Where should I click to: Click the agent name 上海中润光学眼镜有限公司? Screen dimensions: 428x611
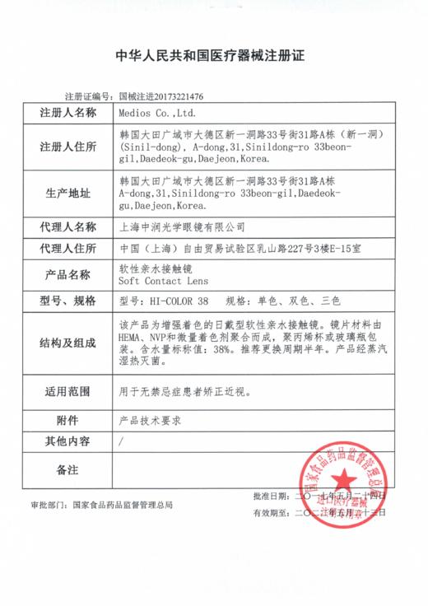(x=170, y=225)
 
